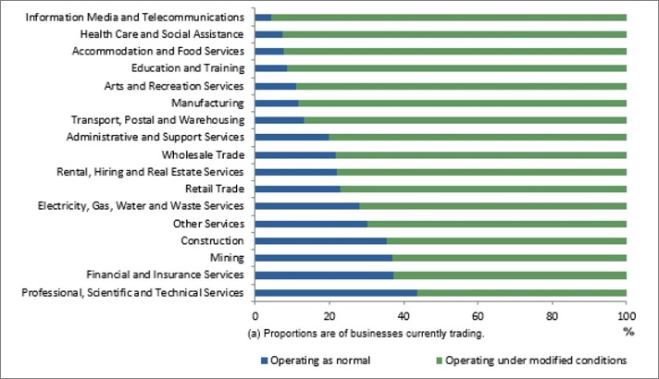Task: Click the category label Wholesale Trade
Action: pyautogui.click(x=203, y=154)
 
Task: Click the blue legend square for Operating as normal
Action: pyautogui.click(x=265, y=360)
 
